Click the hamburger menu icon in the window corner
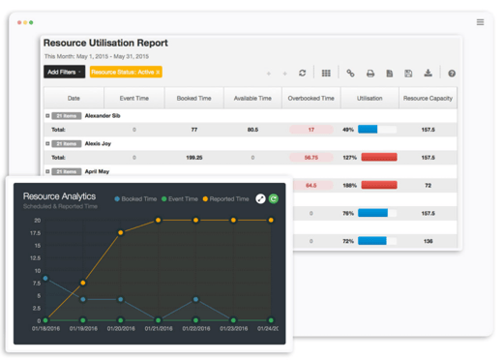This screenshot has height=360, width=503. point(480,22)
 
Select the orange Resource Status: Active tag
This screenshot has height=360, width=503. point(126,73)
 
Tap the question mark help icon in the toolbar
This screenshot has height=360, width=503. point(451,74)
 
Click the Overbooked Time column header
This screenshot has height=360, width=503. point(311,99)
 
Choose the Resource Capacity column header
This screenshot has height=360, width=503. point(428,99)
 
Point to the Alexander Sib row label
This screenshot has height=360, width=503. point(104,116)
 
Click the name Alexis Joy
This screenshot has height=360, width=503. point(100,143)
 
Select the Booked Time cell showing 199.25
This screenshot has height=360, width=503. point(193,157)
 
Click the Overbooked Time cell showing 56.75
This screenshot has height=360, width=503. point(311,157)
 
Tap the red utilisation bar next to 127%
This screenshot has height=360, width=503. point(378,157)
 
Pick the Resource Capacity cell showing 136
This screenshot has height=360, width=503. point(428,241)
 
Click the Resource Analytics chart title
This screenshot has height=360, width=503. point(60,195)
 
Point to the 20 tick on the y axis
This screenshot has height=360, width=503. point(37,221)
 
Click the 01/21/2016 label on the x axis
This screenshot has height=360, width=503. point(158,329)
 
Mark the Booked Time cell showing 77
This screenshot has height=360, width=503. point(193,129)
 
